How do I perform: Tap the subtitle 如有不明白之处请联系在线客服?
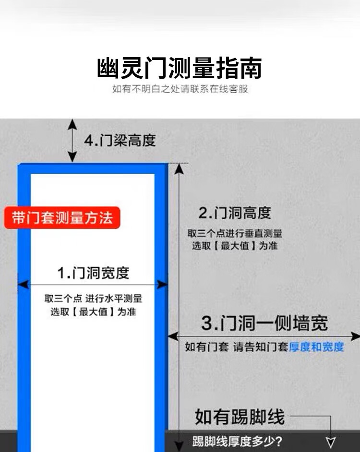180,89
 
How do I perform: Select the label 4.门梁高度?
120,141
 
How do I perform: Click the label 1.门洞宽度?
93,273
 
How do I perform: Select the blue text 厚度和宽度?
316,347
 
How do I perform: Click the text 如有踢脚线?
240,416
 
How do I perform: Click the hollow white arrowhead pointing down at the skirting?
331,442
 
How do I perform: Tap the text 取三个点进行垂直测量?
235,234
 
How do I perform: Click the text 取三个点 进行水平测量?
94,298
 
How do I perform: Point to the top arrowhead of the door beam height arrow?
72,123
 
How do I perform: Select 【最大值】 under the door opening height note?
235,246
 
